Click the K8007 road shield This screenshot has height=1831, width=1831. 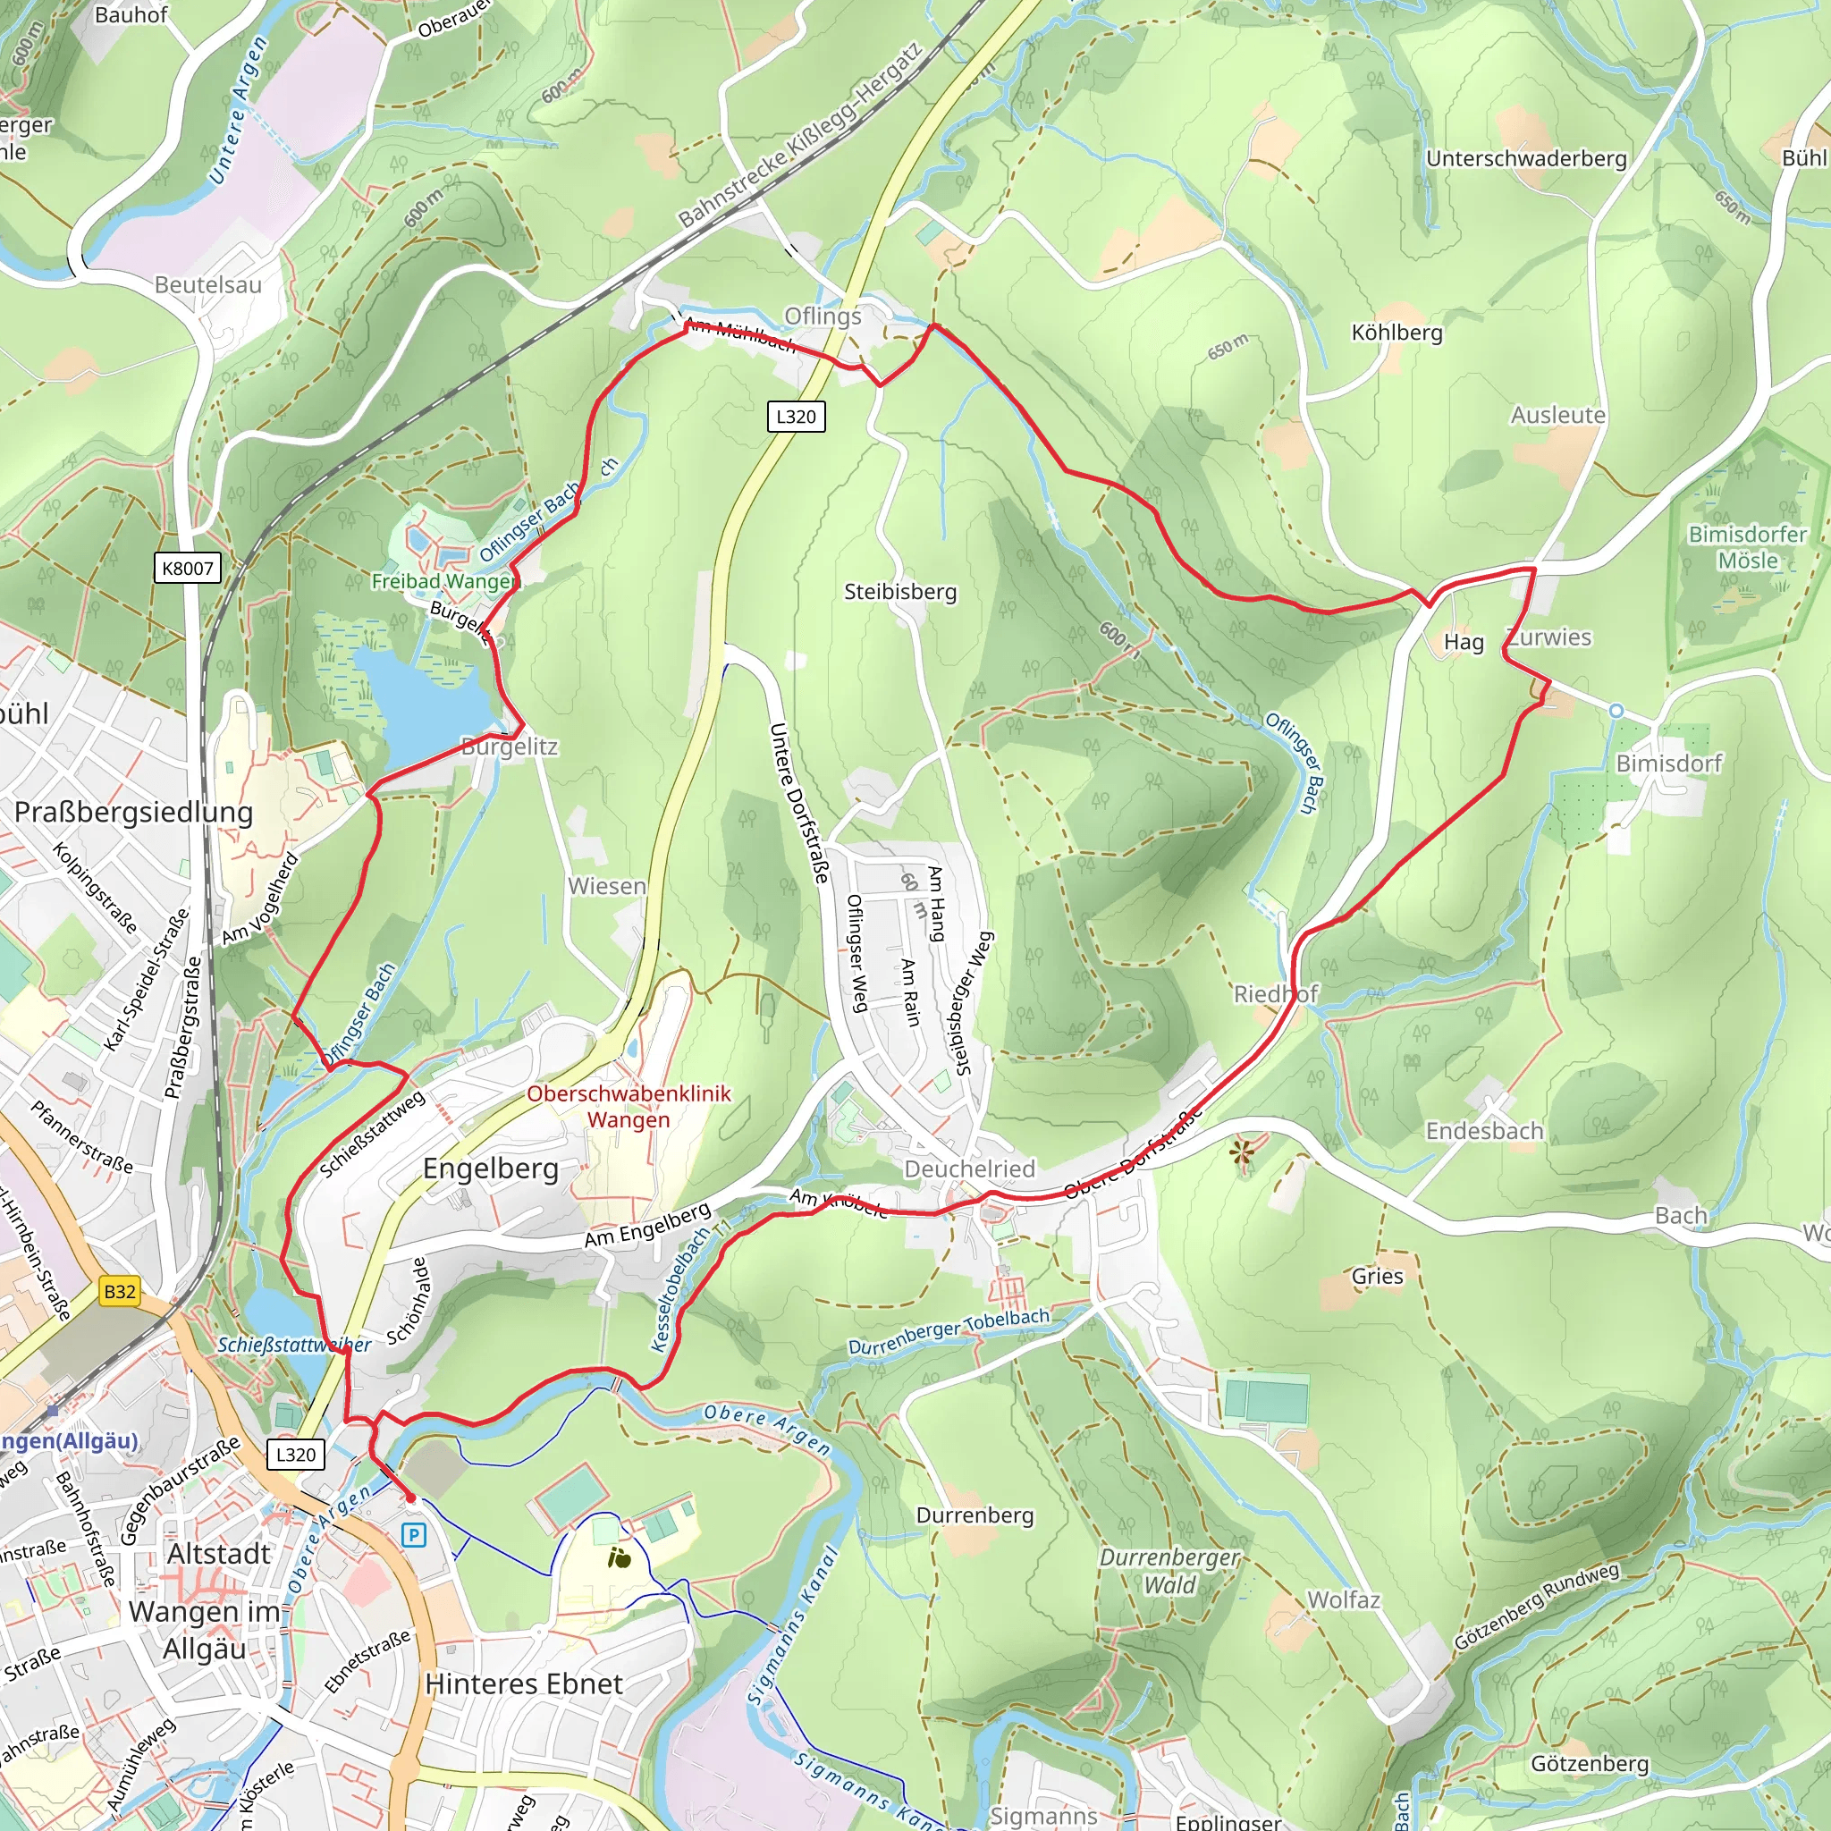click(x=188, y=568)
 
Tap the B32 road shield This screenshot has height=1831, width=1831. click(x=120, y=1291)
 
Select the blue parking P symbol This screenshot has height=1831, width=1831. click(x=413, y=1534)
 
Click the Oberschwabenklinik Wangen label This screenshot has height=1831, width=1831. click(x=629, y=1106)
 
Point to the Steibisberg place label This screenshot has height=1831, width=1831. click(x=900, y=591)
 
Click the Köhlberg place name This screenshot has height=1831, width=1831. click(x=1396, y=333)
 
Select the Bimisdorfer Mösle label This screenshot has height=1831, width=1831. click(x=1747, y=547)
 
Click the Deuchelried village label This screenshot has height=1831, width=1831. click(x=968, y=1169)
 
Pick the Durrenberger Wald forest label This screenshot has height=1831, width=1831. click(x=1169, y=1570)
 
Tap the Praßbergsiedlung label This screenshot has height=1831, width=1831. click(x=133, y=812)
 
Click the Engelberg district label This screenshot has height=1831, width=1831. click(x=490, y=1169)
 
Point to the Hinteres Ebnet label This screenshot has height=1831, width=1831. click(x=523, y=1683)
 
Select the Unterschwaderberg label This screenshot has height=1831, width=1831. click(x=1526, y=158)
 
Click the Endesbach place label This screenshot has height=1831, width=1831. click(x=1484, y=1131)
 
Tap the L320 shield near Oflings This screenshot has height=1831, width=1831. click(x=795, y=416)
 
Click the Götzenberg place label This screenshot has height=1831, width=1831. click(x=1590, y=1764)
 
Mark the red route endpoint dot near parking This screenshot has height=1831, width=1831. click(x=410, y=1498)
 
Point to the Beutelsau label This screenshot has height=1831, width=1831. click(x=207, y=284)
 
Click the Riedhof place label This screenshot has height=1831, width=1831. click(x=1275, y=994)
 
